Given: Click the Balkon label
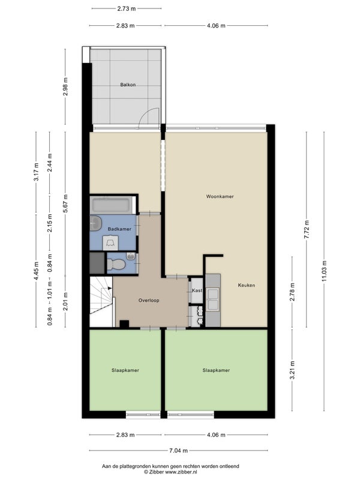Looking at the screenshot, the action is click(128, 85).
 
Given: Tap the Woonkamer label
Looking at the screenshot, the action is click(220, 196).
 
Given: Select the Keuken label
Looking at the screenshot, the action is click(247, 285).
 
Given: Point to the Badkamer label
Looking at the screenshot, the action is click(119, 229).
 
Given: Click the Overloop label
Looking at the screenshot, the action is click(149, 301).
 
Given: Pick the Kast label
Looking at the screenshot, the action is click(197, 290).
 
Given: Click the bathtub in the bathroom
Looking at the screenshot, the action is click(112, 205).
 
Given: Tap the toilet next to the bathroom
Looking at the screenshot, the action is click(116, 264).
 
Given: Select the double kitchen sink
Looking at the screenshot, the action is click(213, 299).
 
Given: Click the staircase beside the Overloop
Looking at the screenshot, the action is click(101, 302).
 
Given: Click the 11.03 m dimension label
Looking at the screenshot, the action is click(325, 271).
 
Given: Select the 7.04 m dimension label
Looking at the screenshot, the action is click(178, 451).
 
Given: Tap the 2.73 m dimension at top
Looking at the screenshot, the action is click(127, 8).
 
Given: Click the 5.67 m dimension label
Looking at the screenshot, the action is click(65, 203).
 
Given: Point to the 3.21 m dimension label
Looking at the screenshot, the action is click(292, 370).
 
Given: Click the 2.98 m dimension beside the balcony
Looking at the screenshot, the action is click(65, 86).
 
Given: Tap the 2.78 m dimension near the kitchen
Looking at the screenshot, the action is click(292, 292).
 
